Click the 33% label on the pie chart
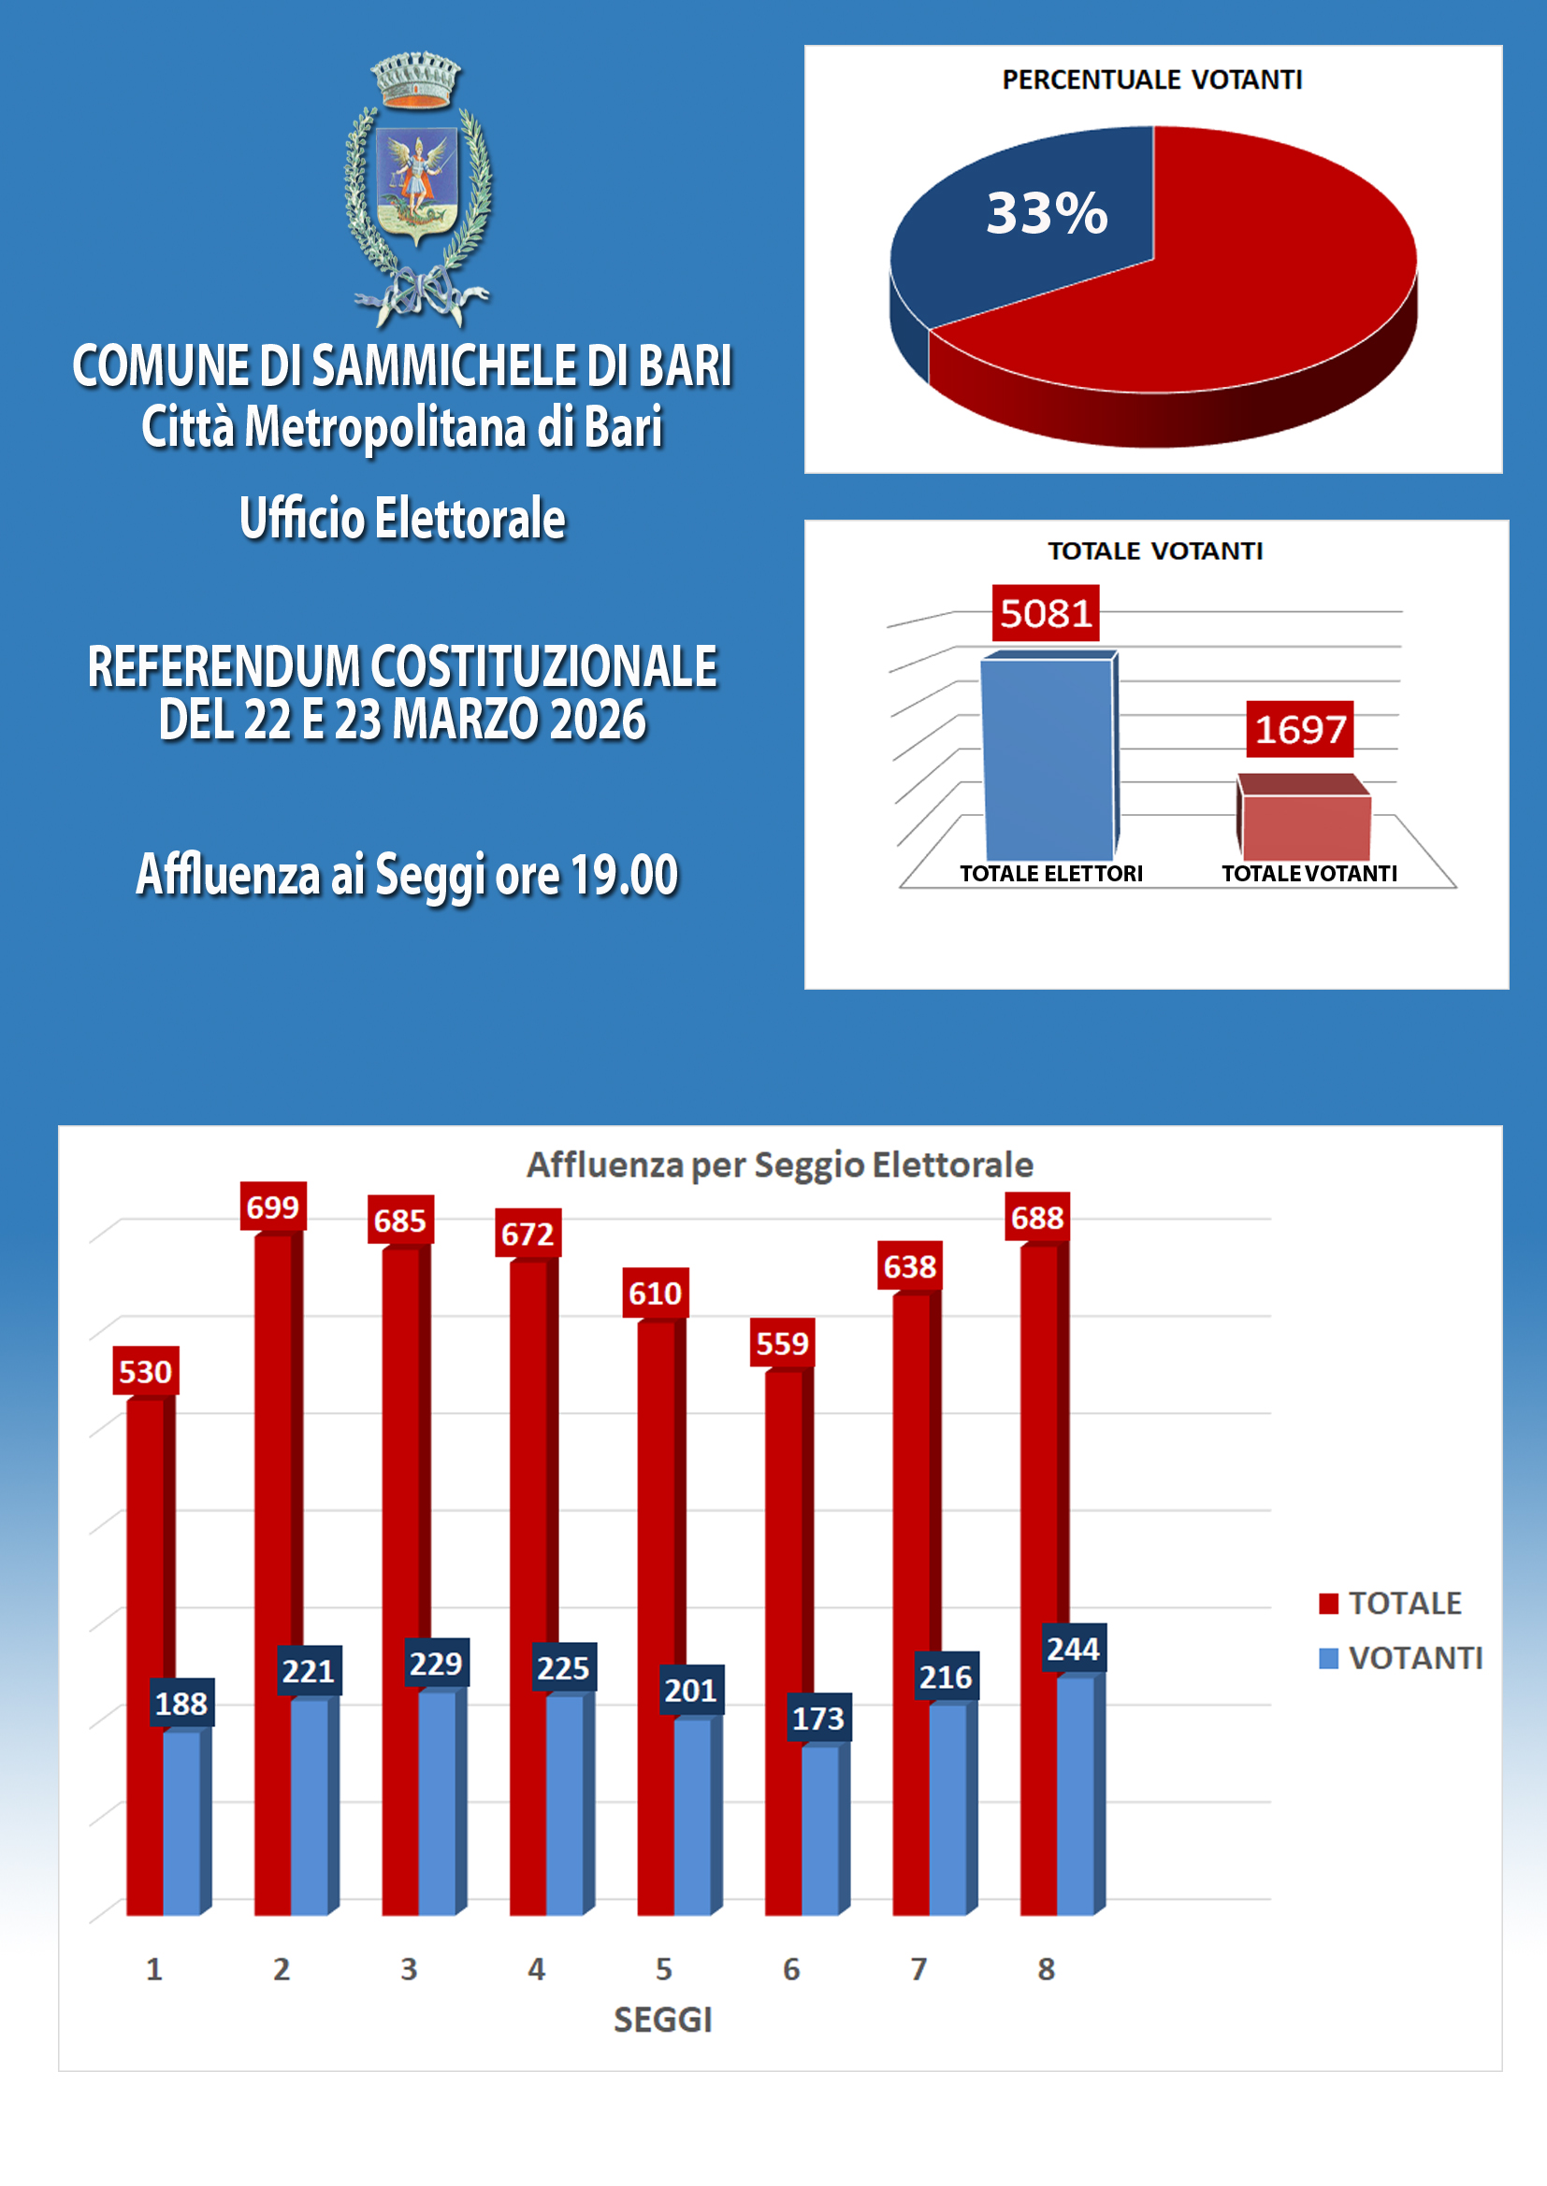point(1046,212)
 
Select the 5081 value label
point(1045,613)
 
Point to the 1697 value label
point(1299,729)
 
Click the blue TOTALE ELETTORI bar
point(1047,757)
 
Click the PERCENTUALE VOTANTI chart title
point(1151,80)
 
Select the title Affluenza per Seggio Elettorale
point(779,1164)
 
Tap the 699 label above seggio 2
point(272,1207)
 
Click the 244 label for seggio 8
point(1073,1648)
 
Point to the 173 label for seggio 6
point(818,1718)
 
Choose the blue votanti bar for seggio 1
point(181,1822)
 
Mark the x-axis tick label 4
point(536,1968)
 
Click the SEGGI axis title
point(662,2020)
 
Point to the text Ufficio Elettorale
point(402,519)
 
